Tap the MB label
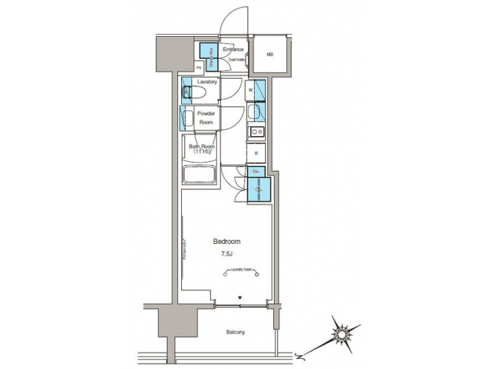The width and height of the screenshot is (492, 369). [x=269, y=55]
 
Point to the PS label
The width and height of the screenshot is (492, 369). [x=199, y=68]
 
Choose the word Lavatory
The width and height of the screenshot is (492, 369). [x=207, y=82]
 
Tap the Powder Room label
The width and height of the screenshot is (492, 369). [x=206, y=118]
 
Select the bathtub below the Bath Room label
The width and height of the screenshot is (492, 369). [x=200, y=174]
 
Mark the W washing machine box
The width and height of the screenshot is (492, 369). [x=251, y=90]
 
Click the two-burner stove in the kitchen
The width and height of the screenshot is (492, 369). [x=256, y=132]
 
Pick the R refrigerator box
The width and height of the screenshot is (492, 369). [x=256, y=154]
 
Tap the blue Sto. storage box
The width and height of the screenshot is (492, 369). [x=256, y=172]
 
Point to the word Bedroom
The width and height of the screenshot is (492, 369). [x=226, y=242]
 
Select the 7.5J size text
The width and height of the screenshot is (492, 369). [x=226, y=254]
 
